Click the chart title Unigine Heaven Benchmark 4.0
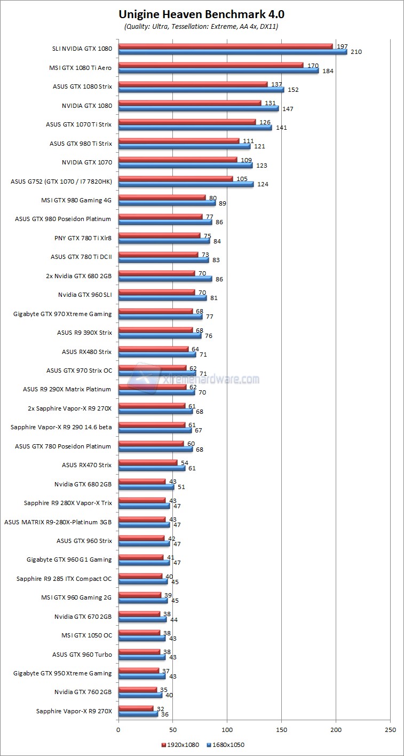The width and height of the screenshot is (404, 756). click(x=202, y=14)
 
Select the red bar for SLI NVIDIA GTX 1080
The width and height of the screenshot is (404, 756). click(x=225, y=46)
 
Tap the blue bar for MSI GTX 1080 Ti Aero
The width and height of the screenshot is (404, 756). click(x=218, y=70)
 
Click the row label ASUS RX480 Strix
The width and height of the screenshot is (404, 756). click(x=86, y=351)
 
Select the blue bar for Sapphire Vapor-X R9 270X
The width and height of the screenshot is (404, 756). click(x=138, y=714)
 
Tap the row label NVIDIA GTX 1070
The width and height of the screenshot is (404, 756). click(x=87, y=162)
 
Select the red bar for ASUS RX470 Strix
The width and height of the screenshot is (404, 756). click(x=147, y=462)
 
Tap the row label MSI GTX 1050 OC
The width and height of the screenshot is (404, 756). click(x=86, y=635)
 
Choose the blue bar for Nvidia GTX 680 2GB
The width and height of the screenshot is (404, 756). click(x=146, y=487)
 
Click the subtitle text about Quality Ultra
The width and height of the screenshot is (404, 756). click(x=201, y=26)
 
